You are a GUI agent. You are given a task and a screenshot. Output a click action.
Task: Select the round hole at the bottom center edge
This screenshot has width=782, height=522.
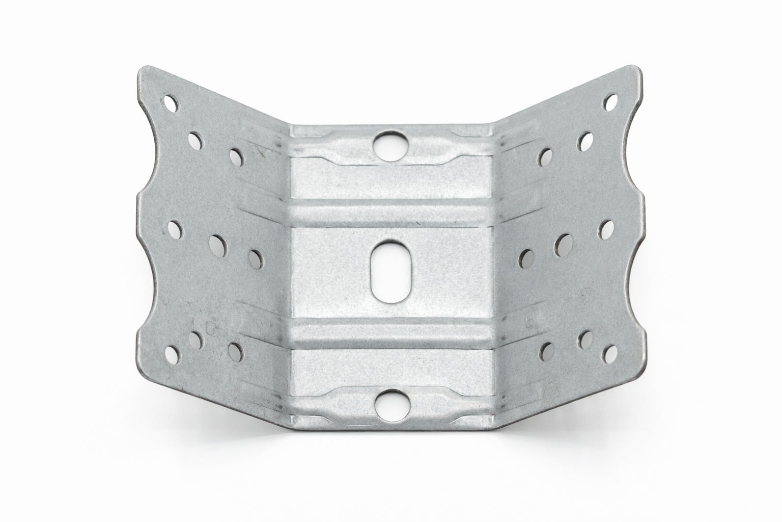[x=390, y=401]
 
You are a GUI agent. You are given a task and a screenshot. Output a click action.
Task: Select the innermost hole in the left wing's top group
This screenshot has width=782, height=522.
[x=236, y=156]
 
